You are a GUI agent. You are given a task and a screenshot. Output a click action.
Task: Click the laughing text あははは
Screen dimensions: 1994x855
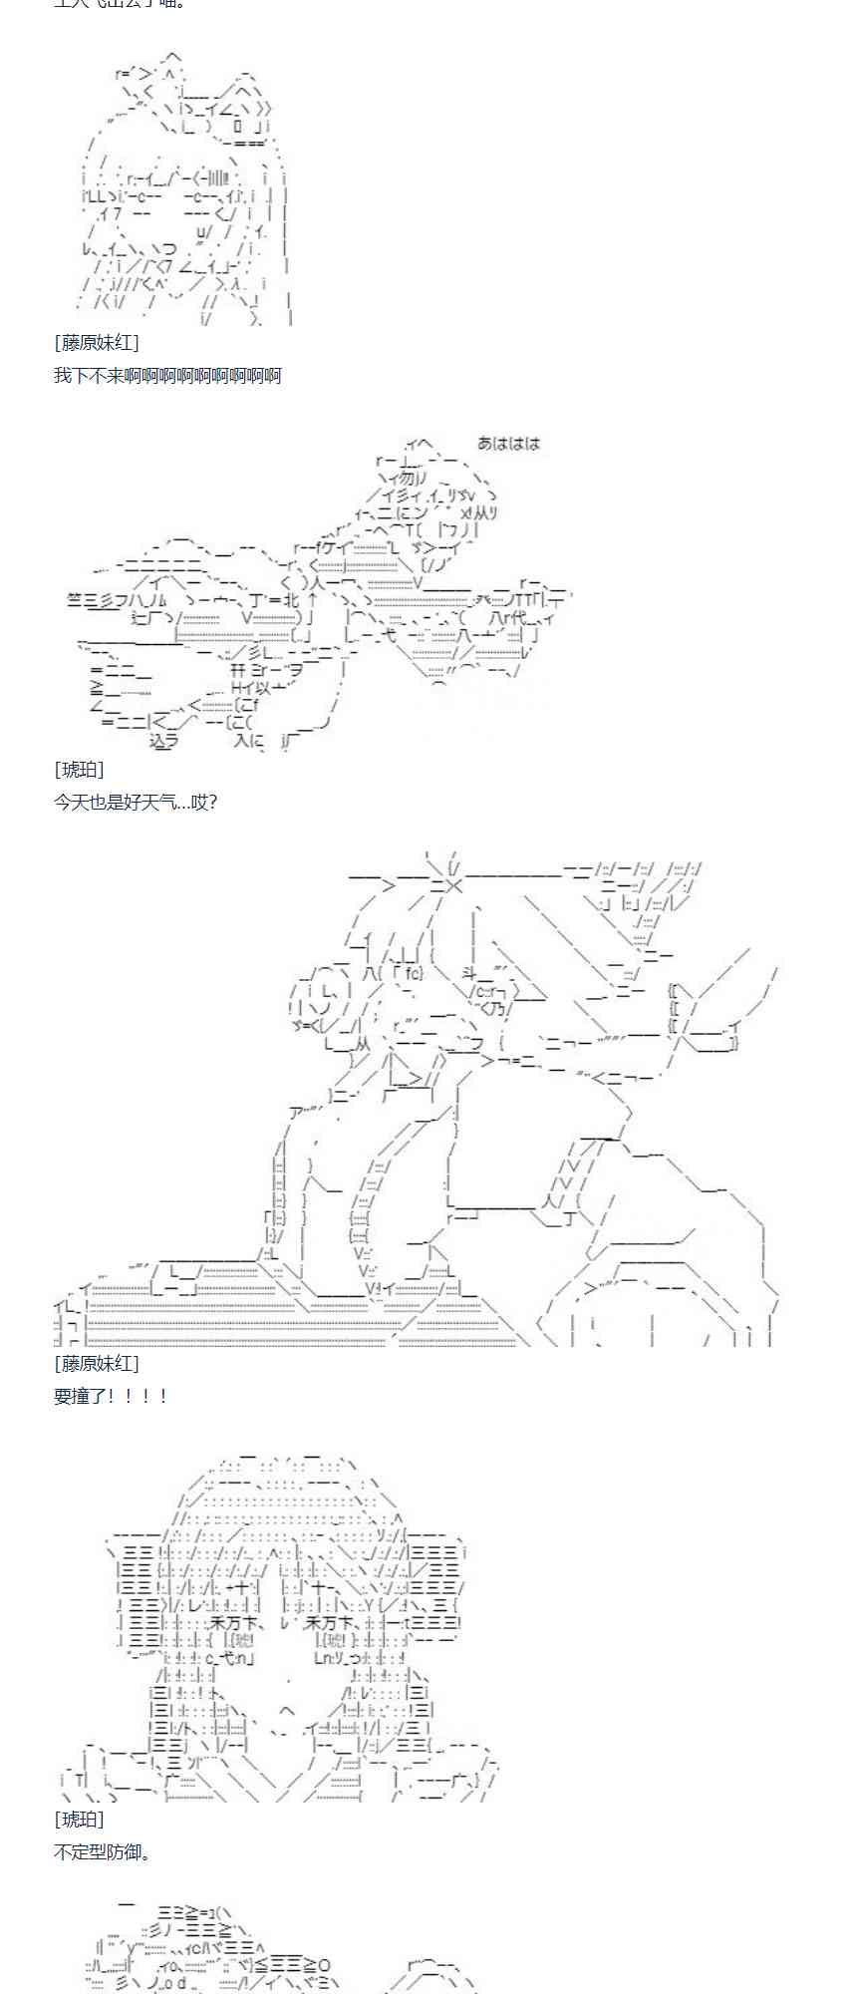508,444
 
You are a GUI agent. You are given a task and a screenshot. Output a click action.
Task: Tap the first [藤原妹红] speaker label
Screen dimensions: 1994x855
97,343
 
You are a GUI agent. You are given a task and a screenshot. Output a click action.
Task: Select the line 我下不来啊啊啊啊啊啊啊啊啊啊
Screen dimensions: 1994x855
167,376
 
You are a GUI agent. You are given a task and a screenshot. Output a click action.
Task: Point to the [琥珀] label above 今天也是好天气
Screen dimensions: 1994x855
79,770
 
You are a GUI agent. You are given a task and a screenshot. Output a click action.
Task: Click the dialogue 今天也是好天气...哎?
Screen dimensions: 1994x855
136,802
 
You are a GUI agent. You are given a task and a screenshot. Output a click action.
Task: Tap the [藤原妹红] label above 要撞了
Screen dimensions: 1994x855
97,1363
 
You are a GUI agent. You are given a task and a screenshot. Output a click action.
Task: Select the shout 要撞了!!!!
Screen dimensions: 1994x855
111,1396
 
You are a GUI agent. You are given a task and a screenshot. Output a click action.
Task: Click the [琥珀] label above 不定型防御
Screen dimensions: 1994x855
79,1820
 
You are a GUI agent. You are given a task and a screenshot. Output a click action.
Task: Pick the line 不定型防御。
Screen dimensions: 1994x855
103,1851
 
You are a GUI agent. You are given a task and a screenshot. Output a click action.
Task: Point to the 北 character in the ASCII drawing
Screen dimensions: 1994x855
290,600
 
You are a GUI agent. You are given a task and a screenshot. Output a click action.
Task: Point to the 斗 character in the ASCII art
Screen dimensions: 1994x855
472,973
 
